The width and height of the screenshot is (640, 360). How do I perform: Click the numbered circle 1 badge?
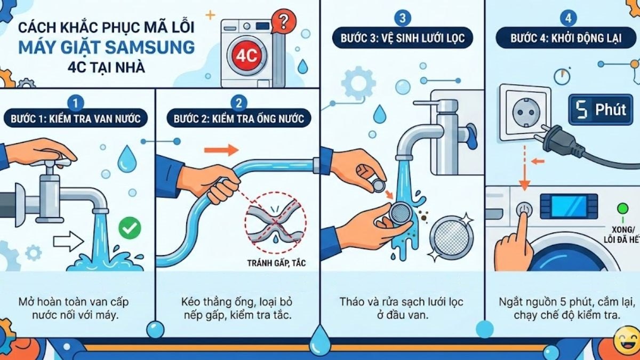(77, 102)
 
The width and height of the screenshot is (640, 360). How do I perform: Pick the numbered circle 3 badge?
(403, 18)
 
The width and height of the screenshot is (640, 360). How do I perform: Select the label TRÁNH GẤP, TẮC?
(276, 263)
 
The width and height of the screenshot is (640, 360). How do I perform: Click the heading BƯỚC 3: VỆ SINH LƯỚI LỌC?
(403, 38)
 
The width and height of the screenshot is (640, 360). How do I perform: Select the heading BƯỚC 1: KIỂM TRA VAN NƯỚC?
(76, 118)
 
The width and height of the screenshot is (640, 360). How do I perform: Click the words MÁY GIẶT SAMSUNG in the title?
(106, 47)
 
